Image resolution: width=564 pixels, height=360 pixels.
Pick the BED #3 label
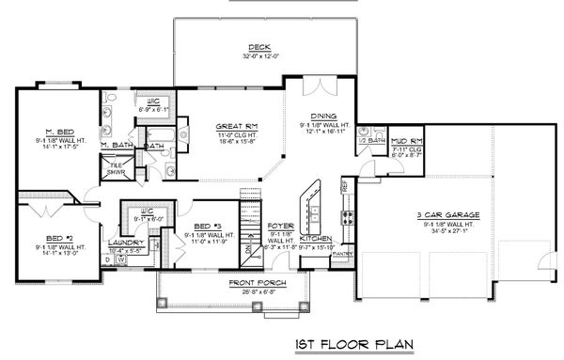(206, 227)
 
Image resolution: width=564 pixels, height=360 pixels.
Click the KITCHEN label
(316, 239)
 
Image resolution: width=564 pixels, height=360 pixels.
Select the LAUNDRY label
(126, 243)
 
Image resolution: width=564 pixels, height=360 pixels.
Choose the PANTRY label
(342, 253)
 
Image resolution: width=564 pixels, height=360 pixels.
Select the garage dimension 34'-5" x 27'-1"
(446, 229)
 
